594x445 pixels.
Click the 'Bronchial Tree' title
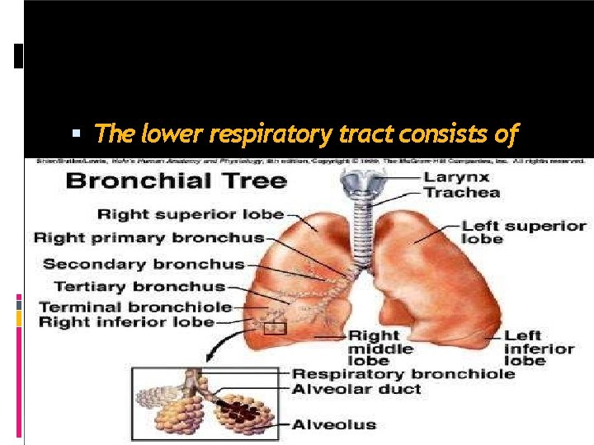pos(176,180)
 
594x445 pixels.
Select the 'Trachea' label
pos(462,192)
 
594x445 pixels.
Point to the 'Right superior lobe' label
pos(191,214)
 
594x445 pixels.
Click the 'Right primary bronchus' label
pos(148,238)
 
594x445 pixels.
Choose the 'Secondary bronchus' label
pos(144,264)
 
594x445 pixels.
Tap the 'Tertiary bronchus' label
pos(139,287)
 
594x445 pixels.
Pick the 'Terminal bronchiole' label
pos(134,307)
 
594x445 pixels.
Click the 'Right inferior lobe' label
pos(126,322)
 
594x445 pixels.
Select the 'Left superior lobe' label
pos(523,232)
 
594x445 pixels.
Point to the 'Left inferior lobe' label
pos(538,349)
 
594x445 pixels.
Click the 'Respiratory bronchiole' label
pos(403,373)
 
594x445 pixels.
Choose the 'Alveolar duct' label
pos(356,388)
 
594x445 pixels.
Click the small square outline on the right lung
pos(275,329)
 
